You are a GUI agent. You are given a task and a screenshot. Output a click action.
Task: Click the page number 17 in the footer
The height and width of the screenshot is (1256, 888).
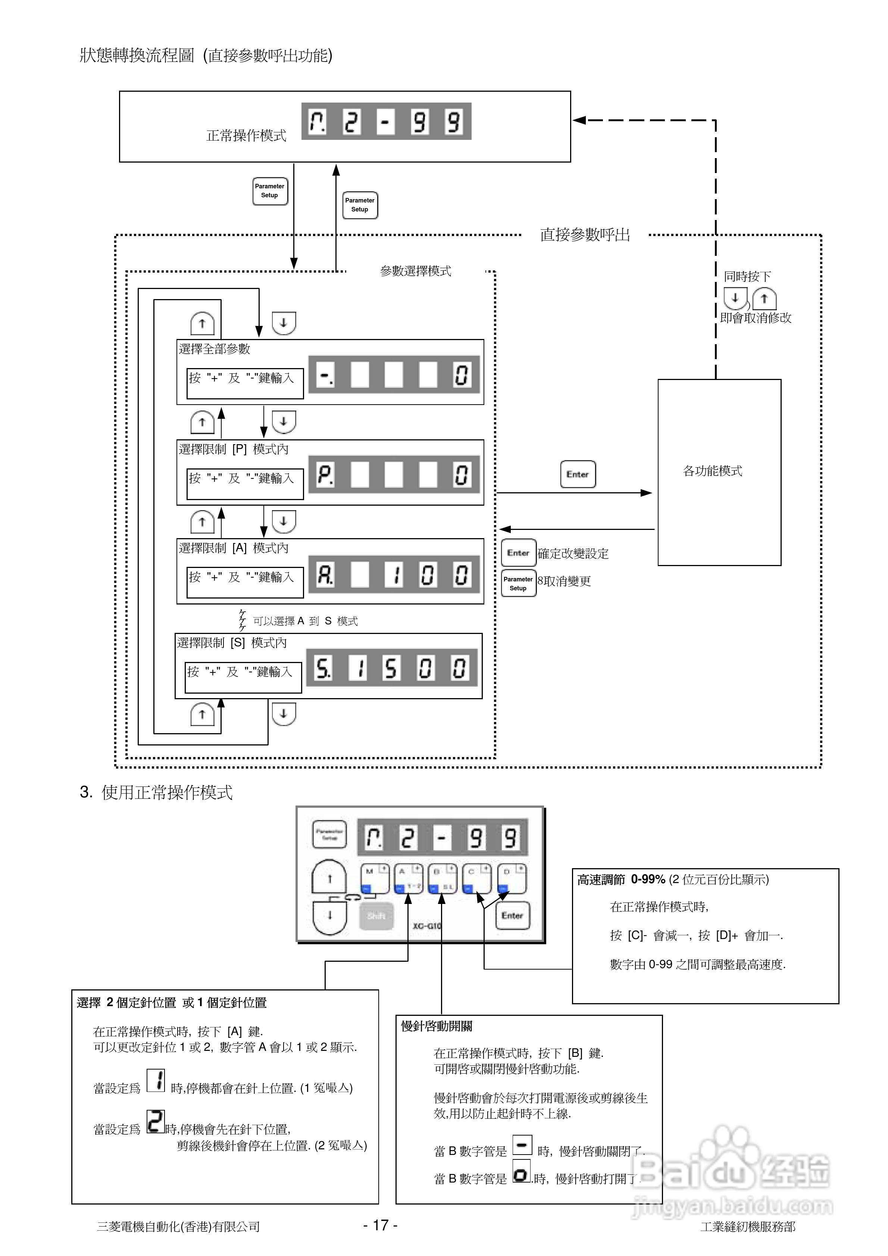click(381, 1225)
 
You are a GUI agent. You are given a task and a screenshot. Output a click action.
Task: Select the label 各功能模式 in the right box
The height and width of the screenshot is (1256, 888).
click(712, 471)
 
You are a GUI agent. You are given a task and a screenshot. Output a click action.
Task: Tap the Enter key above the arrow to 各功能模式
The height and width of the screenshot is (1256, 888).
click(578, 474)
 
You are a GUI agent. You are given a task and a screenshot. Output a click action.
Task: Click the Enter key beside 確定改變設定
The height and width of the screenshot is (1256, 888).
click(518, 553)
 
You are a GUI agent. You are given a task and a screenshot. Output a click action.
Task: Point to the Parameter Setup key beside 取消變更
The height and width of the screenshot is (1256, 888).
click(518, 584)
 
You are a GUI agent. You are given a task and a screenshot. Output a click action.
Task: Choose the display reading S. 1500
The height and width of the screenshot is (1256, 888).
click(391, 668)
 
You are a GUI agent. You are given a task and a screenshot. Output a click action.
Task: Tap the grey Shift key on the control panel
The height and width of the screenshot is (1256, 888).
click(376, 916)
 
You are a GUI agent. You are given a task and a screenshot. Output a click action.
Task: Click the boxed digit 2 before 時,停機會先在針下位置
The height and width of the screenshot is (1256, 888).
click(156, 1121)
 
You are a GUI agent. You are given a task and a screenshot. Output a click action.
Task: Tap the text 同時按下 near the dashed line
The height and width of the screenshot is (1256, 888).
click(747, 277)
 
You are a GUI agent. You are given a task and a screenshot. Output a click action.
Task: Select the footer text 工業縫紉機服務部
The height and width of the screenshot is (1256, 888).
click(747, 1227)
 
